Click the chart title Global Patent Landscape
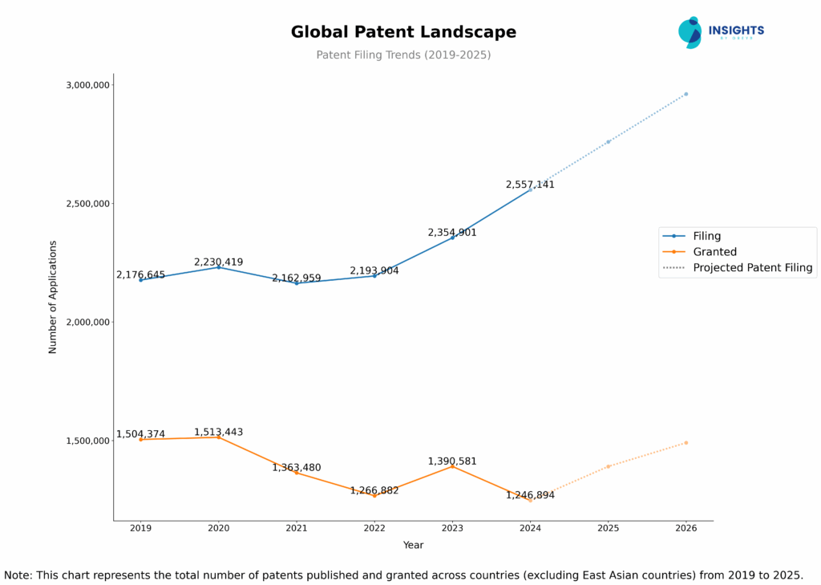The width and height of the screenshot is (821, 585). [x=403, y=32]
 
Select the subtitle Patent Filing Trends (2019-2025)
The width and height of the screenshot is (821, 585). [x=403, y=55]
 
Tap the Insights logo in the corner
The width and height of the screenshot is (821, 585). [x=721, y=32]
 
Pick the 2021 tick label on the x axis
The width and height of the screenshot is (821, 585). [x=297, y=528]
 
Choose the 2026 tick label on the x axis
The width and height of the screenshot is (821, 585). [x=686, y=528]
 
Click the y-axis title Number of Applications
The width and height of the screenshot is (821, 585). [x=53, y=297]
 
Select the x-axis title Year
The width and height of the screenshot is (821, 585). [x=413, y=546]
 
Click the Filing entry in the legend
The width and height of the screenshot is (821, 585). [x=706, y=236]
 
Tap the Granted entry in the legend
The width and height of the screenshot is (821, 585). [x=714, y=252]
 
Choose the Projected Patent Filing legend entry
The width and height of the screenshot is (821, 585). [x=752, y=268]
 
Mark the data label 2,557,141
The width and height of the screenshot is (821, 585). [x=530, y=185]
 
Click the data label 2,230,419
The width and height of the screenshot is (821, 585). [x=218, y=262]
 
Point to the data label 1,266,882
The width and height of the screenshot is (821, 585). [x=374, y=490]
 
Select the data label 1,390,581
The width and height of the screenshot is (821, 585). [x=452, y=461]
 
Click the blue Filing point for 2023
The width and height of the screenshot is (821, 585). [x=452, y=238]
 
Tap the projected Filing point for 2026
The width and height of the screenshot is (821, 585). [x=686, y=94]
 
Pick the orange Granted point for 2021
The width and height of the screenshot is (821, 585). [x=297, y=473]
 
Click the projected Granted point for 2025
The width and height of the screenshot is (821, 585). [x=608, y=466]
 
